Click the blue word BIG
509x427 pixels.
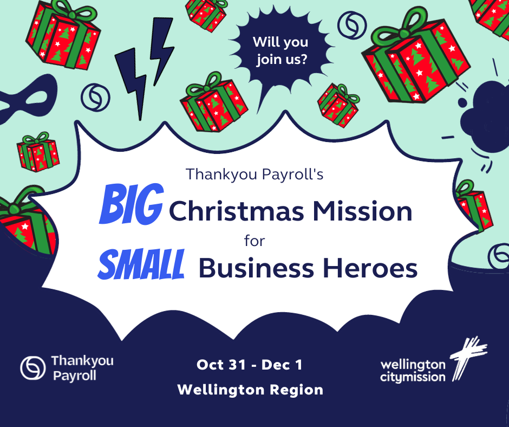pos(131,204)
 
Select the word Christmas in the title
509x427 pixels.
pos(237,211)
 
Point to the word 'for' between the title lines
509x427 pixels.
pos(255,241)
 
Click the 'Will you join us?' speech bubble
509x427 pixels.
pos(280,52)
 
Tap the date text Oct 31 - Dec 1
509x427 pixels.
pos(249,365)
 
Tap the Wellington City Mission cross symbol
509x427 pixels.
pos(467,358)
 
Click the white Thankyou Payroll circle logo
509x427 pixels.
pos(32,368)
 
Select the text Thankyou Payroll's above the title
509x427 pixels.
pos(255,174)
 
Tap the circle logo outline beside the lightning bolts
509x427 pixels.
pos(95,97)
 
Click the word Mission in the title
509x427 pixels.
pos(362,211)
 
